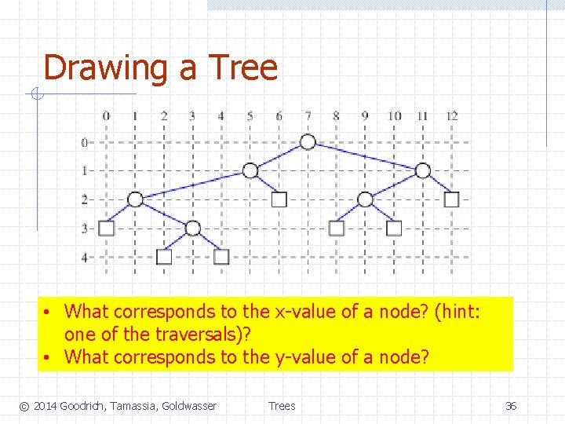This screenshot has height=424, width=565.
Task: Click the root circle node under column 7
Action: (x=308, y=141)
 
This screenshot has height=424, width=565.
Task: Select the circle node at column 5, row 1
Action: (x=250, y=170)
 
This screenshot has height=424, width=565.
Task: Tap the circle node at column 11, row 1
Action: (x=423, y=170)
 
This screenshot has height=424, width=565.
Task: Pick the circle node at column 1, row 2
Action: (x=135, y=199)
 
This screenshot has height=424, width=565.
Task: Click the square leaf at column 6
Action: (x=279, y=199)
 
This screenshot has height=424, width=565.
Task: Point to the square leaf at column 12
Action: (x=451, y=199)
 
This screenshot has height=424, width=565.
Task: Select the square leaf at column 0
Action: (x=107, y=228)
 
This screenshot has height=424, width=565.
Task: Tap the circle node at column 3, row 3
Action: (x=193, y=228)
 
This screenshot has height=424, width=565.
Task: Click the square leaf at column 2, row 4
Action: (x=164, y=256)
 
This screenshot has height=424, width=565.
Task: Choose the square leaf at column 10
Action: (x=394, y=228)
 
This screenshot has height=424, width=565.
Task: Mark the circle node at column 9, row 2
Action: (x=365, y=199)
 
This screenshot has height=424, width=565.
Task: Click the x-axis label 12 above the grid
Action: (x=451, y=116)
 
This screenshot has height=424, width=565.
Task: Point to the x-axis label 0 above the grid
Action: (x=106, y=116)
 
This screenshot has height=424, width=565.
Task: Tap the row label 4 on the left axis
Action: (x=85, y=257)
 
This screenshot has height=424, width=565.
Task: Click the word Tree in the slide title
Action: (x=242, y=68)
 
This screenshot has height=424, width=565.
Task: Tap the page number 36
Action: (x=510, y=406)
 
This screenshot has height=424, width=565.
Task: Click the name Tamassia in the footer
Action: (x=129, y=406)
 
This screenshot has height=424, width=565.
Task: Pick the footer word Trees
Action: (x=282, y=406)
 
